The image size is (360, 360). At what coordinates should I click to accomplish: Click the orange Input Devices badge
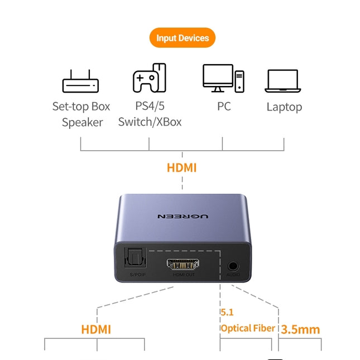183,37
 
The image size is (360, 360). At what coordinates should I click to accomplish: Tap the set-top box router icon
80,81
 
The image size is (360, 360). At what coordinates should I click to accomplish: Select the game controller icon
149,78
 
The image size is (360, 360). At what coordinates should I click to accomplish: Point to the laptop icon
282,81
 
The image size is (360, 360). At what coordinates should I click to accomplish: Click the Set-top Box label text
81,107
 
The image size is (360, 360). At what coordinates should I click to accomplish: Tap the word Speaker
83,123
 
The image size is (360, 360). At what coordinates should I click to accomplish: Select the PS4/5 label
150,106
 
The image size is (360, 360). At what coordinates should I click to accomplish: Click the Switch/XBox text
150,122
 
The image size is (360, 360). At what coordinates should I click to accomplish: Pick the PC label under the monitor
224,106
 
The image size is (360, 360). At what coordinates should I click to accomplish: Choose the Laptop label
284,107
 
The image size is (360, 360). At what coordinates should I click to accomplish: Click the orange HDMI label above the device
181,167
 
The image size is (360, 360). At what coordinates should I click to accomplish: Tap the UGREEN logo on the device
183,216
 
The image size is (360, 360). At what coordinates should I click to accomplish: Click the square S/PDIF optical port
135,258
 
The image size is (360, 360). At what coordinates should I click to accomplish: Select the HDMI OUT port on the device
183,264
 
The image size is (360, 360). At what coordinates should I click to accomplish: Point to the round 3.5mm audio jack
233,266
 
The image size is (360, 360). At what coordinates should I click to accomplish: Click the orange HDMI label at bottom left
96,329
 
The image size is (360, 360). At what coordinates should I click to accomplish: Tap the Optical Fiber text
248,328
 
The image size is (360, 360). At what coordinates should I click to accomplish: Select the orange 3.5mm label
300,329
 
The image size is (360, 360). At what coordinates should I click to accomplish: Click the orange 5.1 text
227,313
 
